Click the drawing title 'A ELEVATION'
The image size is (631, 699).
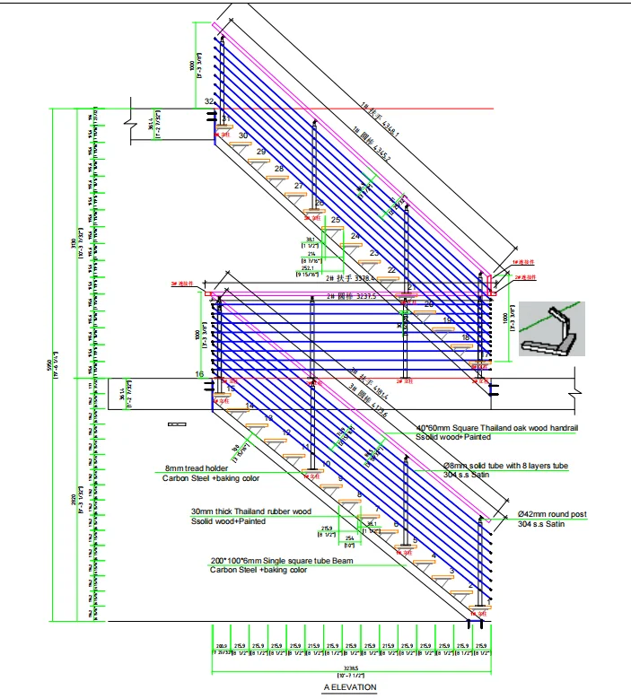click(350, 687)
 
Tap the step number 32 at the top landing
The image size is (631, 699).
click(209, 102)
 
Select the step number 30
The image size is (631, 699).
click(243, 135)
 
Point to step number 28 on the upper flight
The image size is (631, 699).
click(279, 170)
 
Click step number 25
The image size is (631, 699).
click(336, 220)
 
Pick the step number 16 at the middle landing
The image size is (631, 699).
click(199, 374)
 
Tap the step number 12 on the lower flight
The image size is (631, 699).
click(286, 433)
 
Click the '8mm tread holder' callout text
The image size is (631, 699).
click(197, 469)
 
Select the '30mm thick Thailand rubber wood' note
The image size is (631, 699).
click(250, 511)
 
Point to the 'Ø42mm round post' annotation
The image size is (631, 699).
click(552, 515)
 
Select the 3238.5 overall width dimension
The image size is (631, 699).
click(350, 668)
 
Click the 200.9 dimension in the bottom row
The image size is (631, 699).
click(222, 646)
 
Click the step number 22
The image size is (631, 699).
click(391, 270)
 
